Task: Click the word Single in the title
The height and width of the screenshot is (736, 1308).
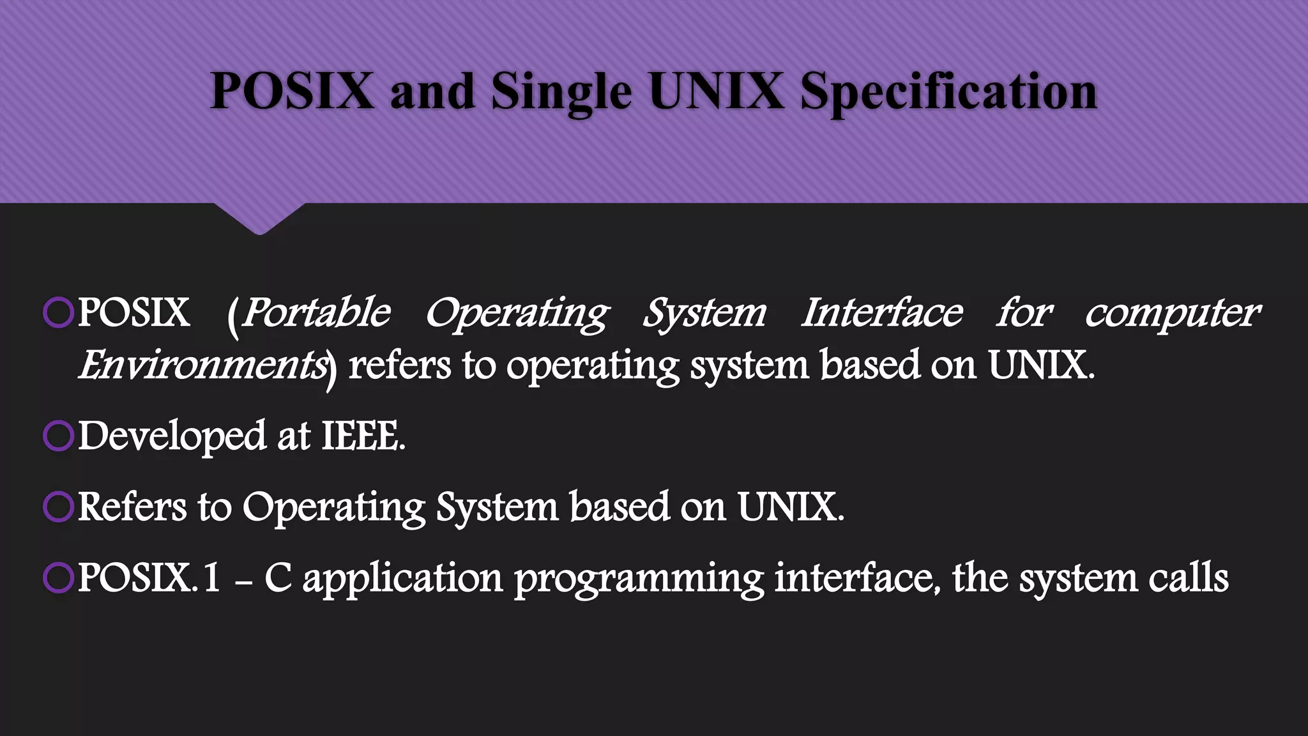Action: [561, 91]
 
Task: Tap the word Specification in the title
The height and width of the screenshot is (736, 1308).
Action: [948, 91]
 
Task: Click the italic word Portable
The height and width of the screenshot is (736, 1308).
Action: [316, 313]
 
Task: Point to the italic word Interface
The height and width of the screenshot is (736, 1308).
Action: [881, 313]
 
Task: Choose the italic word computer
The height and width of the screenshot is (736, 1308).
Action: [1173, 313]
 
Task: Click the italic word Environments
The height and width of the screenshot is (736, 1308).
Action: [203, 365]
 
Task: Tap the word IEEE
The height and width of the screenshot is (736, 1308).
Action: [363, 436]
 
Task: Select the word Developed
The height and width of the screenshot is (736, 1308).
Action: [172, 436]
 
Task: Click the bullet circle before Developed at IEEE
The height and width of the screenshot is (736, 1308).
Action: [58, 436]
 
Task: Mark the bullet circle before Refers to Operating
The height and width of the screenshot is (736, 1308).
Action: [58, 507]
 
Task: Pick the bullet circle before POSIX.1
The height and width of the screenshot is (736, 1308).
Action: [58, 578]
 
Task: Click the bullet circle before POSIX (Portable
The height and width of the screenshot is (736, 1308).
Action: [58, 313]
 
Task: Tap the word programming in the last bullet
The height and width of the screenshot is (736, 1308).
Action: [639, 578]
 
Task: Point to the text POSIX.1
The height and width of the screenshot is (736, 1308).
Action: [149, 578]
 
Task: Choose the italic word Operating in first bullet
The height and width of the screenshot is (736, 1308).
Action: [517, 313]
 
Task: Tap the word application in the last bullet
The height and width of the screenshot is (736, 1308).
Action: [402, 578]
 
